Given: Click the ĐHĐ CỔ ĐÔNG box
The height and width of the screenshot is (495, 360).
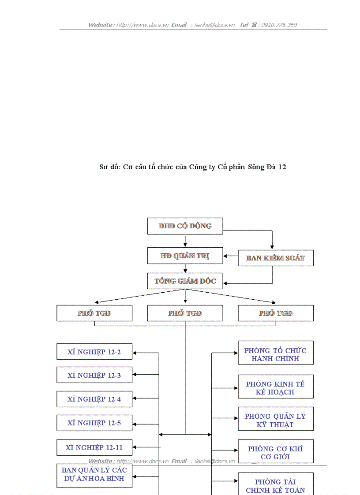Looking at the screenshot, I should [x=185, y=226].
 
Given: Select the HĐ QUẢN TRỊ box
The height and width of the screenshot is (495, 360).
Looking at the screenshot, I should [x=185, y=256].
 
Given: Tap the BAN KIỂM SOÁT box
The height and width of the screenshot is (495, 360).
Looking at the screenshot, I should [x=276, y=258].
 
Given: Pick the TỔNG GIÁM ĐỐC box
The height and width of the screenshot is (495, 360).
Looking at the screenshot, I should [x=185, y=281].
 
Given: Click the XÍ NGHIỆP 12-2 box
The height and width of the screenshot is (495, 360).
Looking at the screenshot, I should [x=94, y=352].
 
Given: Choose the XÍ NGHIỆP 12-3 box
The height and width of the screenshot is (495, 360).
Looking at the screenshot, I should [x=94, y=375].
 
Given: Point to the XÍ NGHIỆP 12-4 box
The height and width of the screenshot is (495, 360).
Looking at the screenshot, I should [x=94, y=399].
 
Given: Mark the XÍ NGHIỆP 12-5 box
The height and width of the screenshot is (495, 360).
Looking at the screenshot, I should [x=94, y=423].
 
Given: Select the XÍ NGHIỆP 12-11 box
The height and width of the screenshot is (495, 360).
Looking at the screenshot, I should [x=94, y=447].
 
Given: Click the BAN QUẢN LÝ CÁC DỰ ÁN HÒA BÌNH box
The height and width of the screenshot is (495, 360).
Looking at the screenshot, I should [x=94, y=475].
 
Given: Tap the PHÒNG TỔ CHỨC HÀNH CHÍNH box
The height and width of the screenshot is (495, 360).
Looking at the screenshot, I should [x=276, y=353].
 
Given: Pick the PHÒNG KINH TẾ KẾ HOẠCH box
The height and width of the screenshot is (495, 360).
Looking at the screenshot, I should [x=276, y=387].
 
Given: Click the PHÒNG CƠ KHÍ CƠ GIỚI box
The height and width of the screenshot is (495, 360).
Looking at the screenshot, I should [x=276, y=451].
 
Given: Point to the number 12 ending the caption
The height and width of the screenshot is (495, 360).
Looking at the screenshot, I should [x=282, y=167].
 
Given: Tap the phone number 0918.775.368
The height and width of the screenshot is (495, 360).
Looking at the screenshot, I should [x=279, y=25].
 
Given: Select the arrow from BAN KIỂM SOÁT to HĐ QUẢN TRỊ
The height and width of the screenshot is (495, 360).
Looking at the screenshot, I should [x=230, y=256].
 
